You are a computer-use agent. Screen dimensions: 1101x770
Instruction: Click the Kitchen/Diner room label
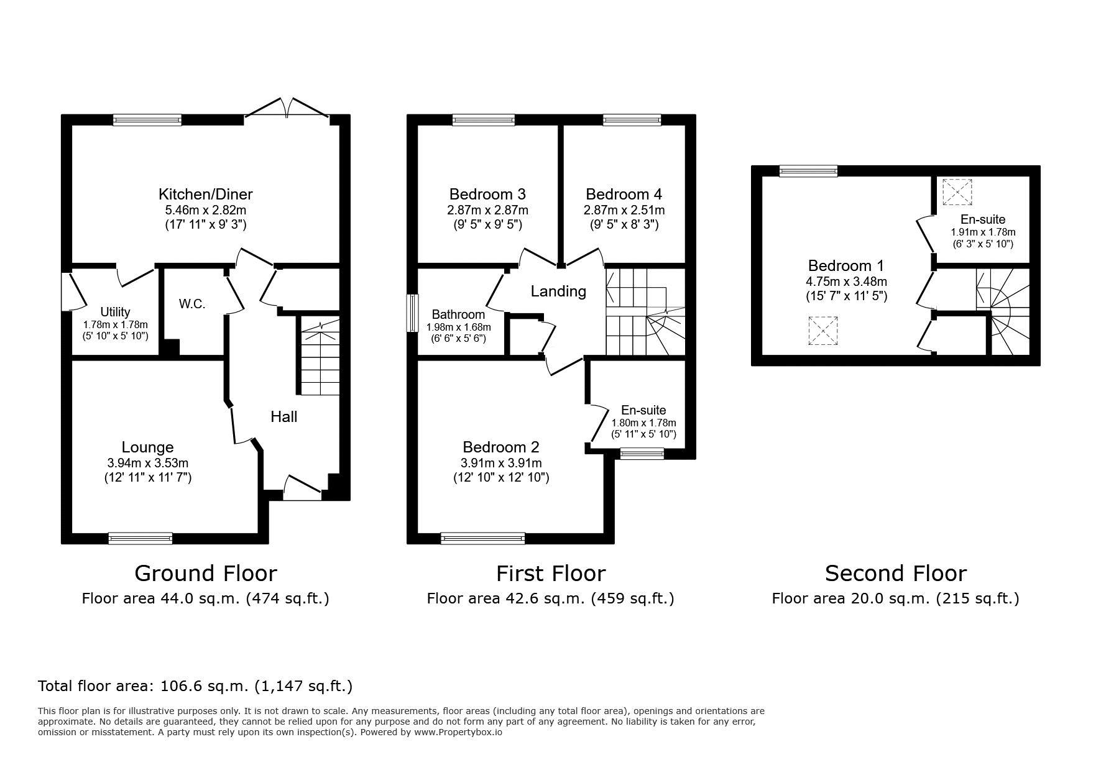pos(206,194)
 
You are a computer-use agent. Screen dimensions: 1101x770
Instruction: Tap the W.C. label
pos(192,304)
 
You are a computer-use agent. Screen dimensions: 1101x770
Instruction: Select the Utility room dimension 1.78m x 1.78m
pos(116,324)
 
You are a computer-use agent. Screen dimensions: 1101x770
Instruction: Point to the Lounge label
pos(147,447)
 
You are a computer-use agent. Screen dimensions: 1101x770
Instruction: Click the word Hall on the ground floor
pos(283,416)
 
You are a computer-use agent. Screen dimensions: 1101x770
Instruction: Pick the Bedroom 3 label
pos(487,194)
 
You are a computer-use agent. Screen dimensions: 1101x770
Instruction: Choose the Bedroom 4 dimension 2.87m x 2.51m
pos(624,210)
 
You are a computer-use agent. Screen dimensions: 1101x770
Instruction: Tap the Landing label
pos(558,291)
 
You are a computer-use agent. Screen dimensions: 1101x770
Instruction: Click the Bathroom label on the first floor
pos(458,314)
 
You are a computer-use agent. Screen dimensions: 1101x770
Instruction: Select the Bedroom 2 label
pos(501,447)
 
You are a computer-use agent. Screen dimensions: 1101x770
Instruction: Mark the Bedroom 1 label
pos(846,265)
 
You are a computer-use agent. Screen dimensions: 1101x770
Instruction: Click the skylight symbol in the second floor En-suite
pos(957,191)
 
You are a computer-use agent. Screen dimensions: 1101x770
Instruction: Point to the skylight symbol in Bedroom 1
pos(822,331)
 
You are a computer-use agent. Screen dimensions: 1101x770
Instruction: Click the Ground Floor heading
pos(206,573)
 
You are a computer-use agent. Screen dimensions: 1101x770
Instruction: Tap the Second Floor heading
pos(896,573)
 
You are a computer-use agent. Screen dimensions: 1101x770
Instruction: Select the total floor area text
pos(195,686)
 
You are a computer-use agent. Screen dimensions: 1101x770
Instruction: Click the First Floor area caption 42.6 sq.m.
pos(551,598)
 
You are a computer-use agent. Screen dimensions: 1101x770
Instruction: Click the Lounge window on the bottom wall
pos(141,539)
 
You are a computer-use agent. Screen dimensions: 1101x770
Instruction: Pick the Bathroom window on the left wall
pos(412,313)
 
